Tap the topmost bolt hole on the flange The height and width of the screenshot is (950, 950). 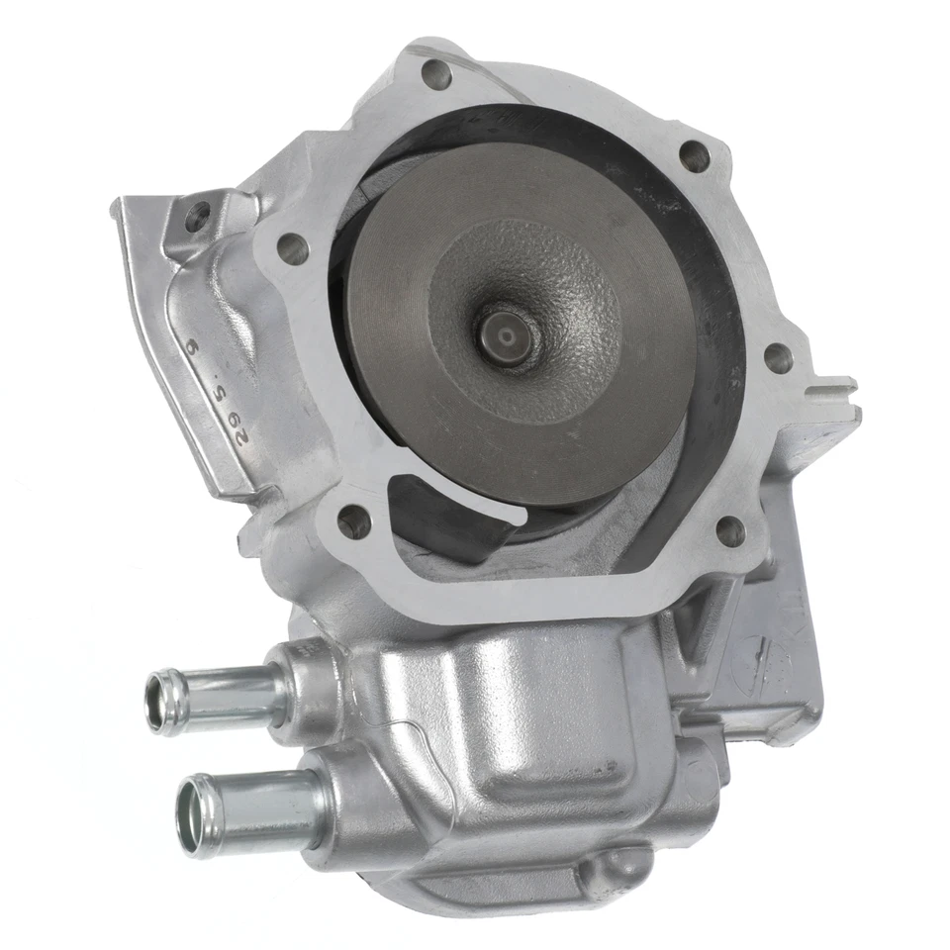pos(436,71)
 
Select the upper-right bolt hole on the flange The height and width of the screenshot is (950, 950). pos(695,155)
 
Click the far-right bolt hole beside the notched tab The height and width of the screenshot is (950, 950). pos(779,358)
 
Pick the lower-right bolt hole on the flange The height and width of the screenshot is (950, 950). pos(730,532)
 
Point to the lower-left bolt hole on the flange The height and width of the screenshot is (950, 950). pos(353,521)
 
